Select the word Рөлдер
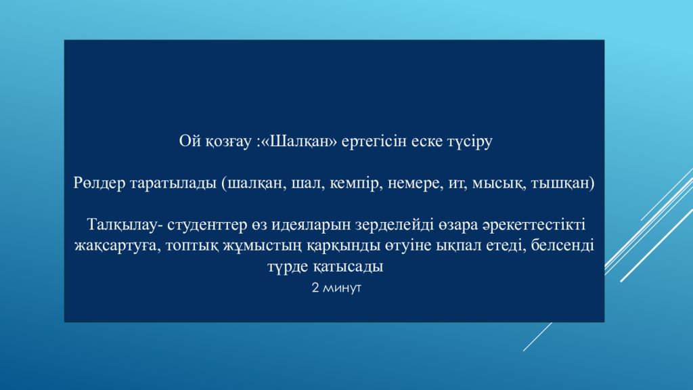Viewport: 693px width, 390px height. click(99, 183)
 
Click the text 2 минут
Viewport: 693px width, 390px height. click(336, 288)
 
